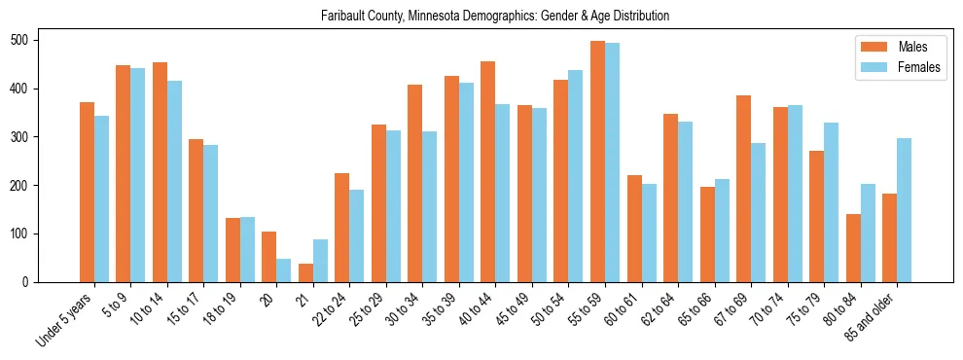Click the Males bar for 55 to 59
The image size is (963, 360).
coord(597,162)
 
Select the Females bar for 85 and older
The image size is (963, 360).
coord(904,210)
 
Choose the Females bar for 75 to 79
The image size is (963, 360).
coord(831,202)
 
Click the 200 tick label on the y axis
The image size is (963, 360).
coord(23,186)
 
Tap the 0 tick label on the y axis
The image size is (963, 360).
coord(29,282)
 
